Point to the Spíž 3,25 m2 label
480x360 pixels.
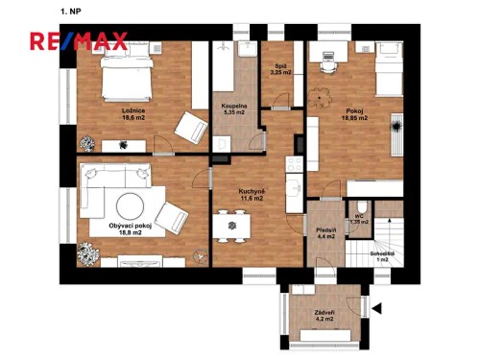click(x=280, y=69)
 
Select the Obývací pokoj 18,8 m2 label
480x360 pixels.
click(x=116, y=228)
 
